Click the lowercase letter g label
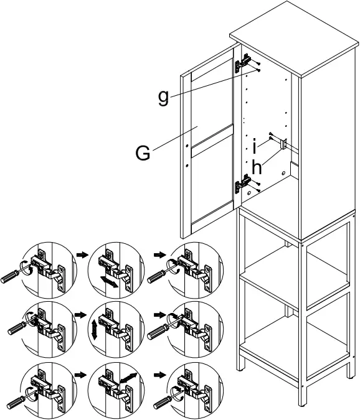click(x=163, y=98)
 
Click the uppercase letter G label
click(x=143, y=152)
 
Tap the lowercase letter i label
click(x=254, y=147)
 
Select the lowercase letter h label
click(x=257, y=167)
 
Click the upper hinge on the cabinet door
click(x=243, y=63)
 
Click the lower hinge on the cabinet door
click(x=243, y=183)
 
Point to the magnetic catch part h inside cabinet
click(x=283, y=144)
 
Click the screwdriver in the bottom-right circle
click(x=166, y=399)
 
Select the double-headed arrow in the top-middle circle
click(x=109, y=282)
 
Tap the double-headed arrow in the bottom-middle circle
click(x=128, y=378)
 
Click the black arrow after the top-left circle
click(x=82, y=254)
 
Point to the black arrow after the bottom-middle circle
click(x=160, y=374)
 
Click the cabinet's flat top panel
click(x=294, y=39)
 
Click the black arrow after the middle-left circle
click(x=80, y=314)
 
